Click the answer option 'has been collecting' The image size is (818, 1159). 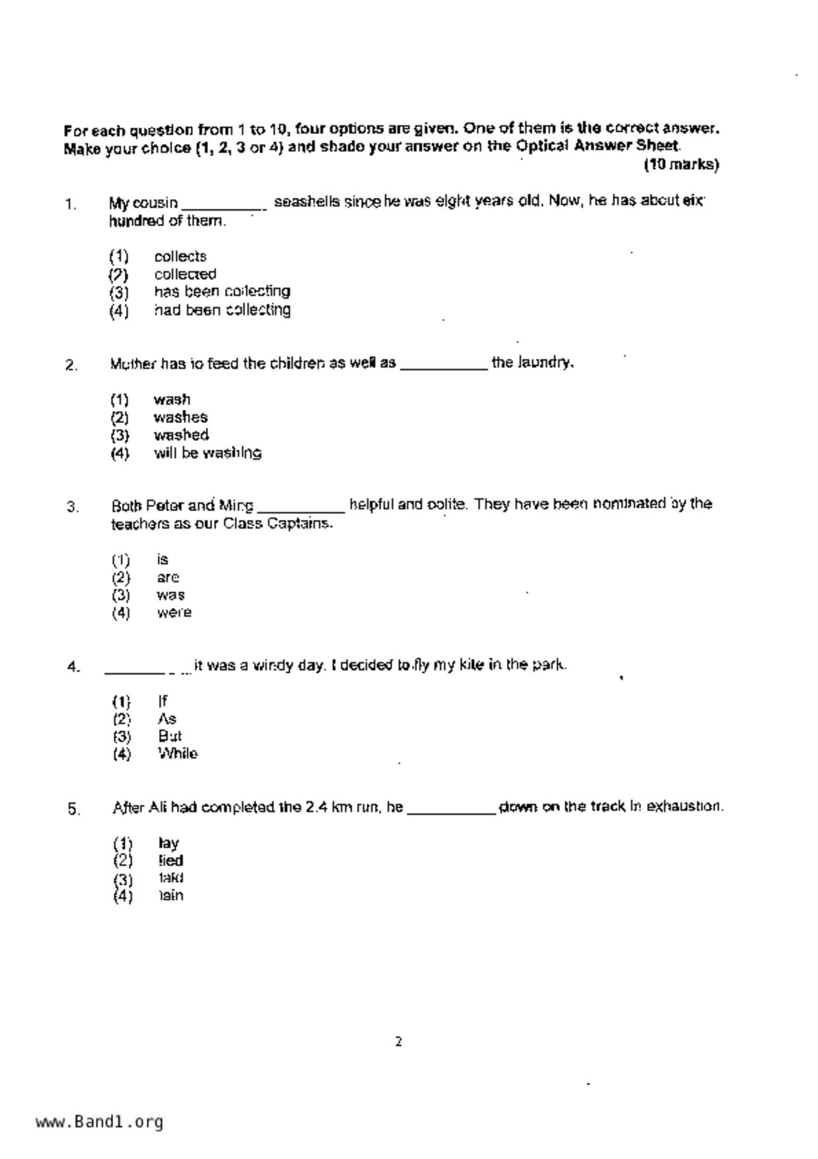222,291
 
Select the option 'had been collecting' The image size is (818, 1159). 222,310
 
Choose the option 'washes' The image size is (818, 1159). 180,418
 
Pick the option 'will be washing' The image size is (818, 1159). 207,453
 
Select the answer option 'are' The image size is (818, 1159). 168,578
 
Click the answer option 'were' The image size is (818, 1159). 174,613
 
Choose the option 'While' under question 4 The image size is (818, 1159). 178,754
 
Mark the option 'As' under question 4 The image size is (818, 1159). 167,719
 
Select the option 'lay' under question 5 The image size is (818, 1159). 168,843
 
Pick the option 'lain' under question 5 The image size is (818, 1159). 170,896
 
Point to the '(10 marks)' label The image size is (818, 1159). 681,165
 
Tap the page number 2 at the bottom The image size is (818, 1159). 399,1042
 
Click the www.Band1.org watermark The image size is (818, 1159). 99,1122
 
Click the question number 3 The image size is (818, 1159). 73,507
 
